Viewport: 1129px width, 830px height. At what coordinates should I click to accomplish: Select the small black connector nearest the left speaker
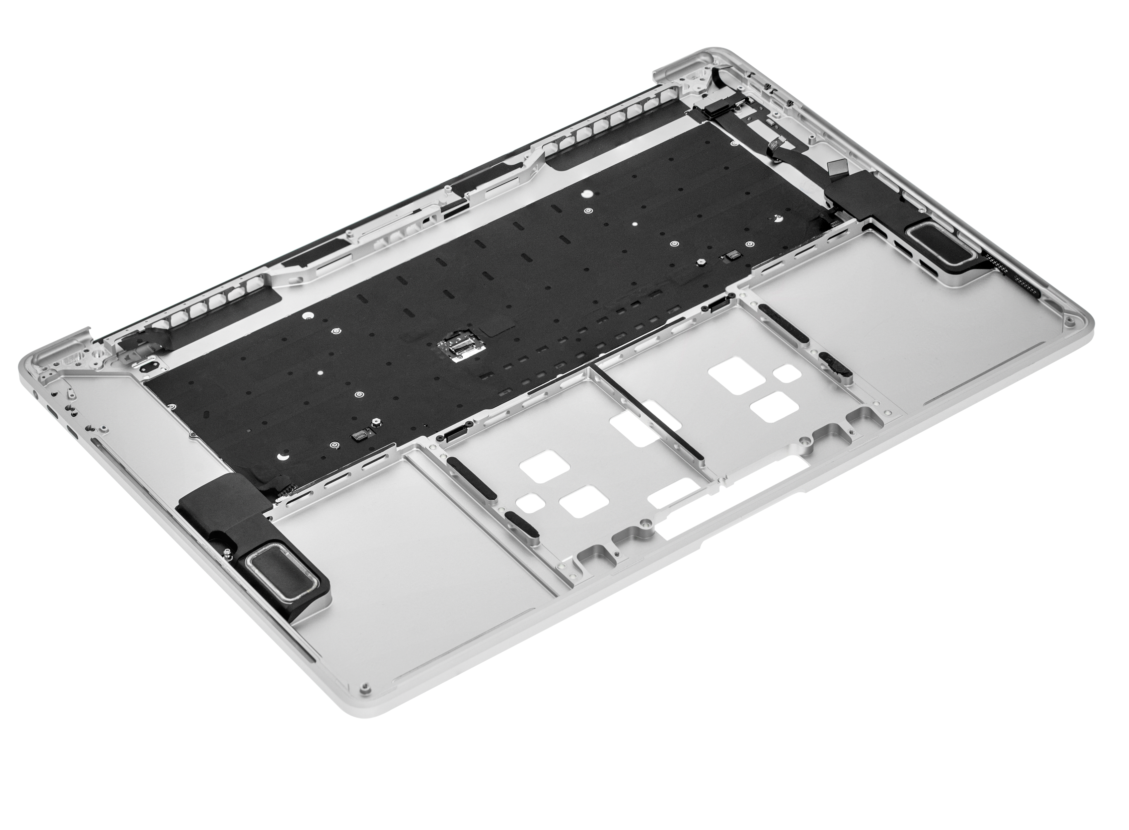tap(360, 436)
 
